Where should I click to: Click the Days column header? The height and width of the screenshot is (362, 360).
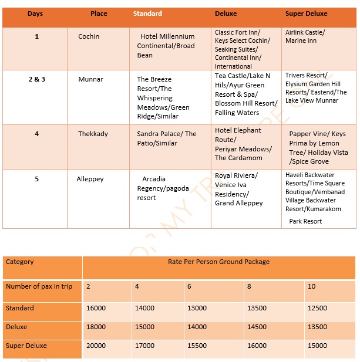(35, 13)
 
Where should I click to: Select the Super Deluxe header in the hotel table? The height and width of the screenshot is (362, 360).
(306, 13)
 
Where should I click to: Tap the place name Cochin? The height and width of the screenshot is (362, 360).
(89, 36)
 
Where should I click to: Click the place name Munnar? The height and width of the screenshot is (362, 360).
(90, 79)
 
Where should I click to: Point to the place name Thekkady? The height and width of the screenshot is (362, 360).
(93, 134)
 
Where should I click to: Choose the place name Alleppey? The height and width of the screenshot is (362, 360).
(90, 179)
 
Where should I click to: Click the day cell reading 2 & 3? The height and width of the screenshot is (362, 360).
(36, 79)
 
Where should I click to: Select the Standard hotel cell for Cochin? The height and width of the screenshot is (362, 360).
(166, 46)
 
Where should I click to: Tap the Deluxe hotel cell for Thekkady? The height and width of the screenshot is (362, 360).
(242, 144)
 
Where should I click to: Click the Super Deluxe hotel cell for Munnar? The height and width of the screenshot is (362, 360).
(316, 88)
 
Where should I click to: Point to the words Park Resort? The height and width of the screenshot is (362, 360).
(305, 221)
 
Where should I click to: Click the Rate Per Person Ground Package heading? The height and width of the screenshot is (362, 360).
(218, 262)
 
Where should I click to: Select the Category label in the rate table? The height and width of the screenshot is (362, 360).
(20, 262)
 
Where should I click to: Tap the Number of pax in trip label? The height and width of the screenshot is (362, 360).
(39, 286)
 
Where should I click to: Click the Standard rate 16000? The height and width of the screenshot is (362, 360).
(96, 308)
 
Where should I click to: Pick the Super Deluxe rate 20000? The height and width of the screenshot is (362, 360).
(96, 346)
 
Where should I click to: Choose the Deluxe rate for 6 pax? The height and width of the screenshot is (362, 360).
(197, 327)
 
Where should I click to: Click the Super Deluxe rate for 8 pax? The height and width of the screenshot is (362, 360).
(257, 346)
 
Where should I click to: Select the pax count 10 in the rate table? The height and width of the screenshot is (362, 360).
(311, 286)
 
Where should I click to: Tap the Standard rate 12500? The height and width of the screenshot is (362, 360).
(317, 308)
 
